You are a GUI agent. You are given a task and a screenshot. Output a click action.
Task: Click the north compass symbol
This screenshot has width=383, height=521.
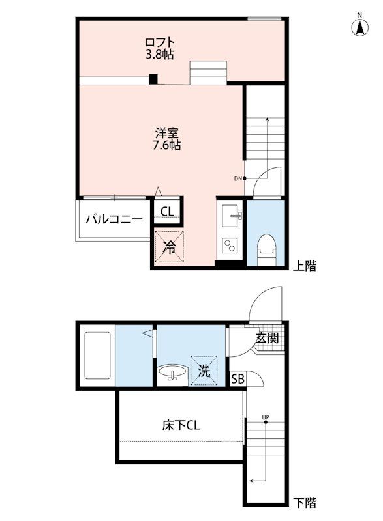tap(360, 26)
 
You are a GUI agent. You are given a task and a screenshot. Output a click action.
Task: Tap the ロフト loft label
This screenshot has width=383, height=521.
tap(160, 42)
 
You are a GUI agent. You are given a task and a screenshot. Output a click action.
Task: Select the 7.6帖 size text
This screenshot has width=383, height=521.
tap(167, 145)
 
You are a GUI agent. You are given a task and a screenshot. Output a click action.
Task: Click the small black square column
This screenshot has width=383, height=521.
tap(153, 79)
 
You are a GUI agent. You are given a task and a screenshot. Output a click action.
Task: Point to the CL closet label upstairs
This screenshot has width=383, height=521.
tap(167, 211)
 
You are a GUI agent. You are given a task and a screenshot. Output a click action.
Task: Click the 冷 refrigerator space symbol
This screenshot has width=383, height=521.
tap(170, 247)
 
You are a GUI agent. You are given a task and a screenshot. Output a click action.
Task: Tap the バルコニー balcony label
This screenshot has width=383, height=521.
tap(114, 219)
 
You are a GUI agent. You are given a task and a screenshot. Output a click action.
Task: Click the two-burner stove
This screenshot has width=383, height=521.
tap(230, 246)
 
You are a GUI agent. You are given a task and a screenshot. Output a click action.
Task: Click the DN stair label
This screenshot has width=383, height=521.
tap(237, 178)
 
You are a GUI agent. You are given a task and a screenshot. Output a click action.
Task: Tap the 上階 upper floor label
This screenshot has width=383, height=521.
tap(304, 266)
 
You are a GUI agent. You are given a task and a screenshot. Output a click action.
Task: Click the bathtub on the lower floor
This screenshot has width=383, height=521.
tap(97, 355)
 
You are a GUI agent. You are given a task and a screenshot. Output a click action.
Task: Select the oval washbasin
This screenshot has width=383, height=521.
tap(172, 373)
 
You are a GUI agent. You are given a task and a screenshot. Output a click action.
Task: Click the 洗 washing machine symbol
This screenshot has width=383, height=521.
tap(204, 371)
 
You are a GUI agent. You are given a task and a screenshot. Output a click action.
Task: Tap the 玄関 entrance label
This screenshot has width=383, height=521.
tap(268, 338)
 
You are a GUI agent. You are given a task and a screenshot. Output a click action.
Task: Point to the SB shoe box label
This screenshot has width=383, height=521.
tap(237, 379)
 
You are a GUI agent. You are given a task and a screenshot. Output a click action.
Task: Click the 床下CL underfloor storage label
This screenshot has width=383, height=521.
tap(181, 425)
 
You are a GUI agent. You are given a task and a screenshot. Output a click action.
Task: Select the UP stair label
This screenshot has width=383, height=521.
tap(265, 417)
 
